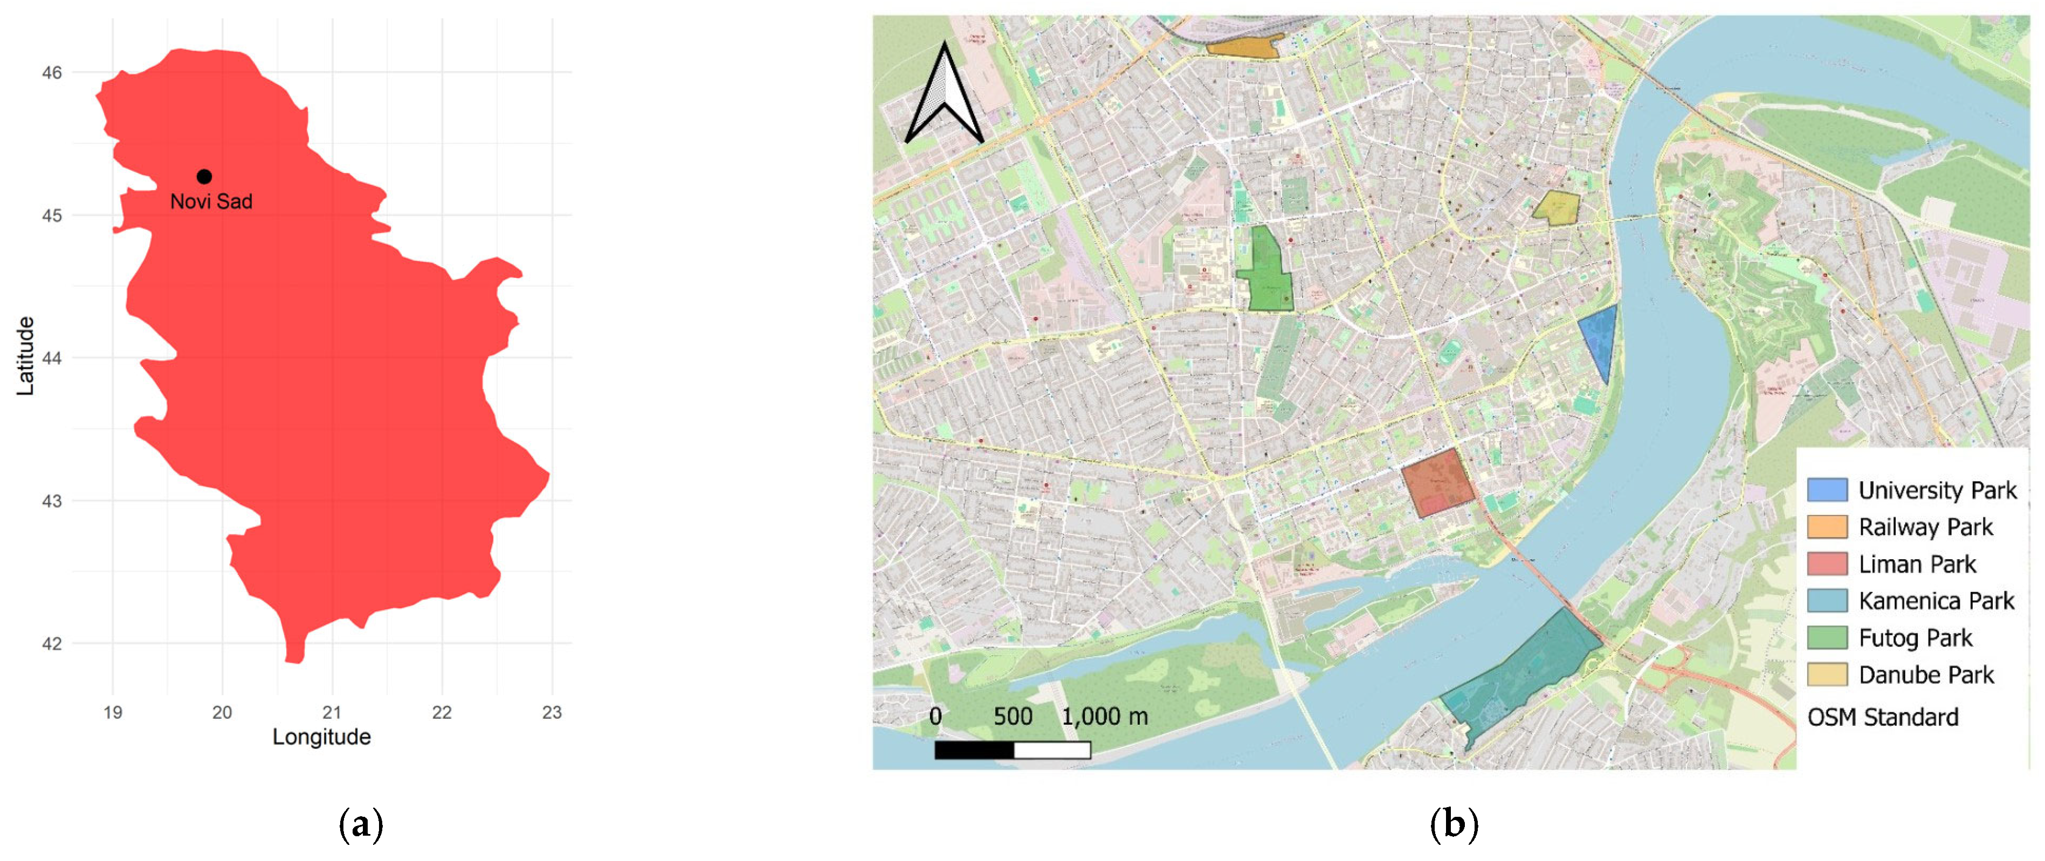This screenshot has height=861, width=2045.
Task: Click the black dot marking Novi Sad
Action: [204, 176]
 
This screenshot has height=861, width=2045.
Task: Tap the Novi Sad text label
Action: [211, 202]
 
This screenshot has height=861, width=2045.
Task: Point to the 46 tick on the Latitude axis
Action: [52, 72]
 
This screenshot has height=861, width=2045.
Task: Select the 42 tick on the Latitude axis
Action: [52, 643]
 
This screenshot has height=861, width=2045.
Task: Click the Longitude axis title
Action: [321, 737]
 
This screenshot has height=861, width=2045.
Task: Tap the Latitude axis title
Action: [25, 356]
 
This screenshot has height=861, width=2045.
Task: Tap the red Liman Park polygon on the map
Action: [1437, 482]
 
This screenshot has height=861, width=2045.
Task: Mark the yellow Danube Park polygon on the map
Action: [1555, 207]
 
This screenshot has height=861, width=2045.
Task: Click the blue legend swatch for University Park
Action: [1827, 490]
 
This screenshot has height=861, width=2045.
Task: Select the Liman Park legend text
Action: [1917, 564]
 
